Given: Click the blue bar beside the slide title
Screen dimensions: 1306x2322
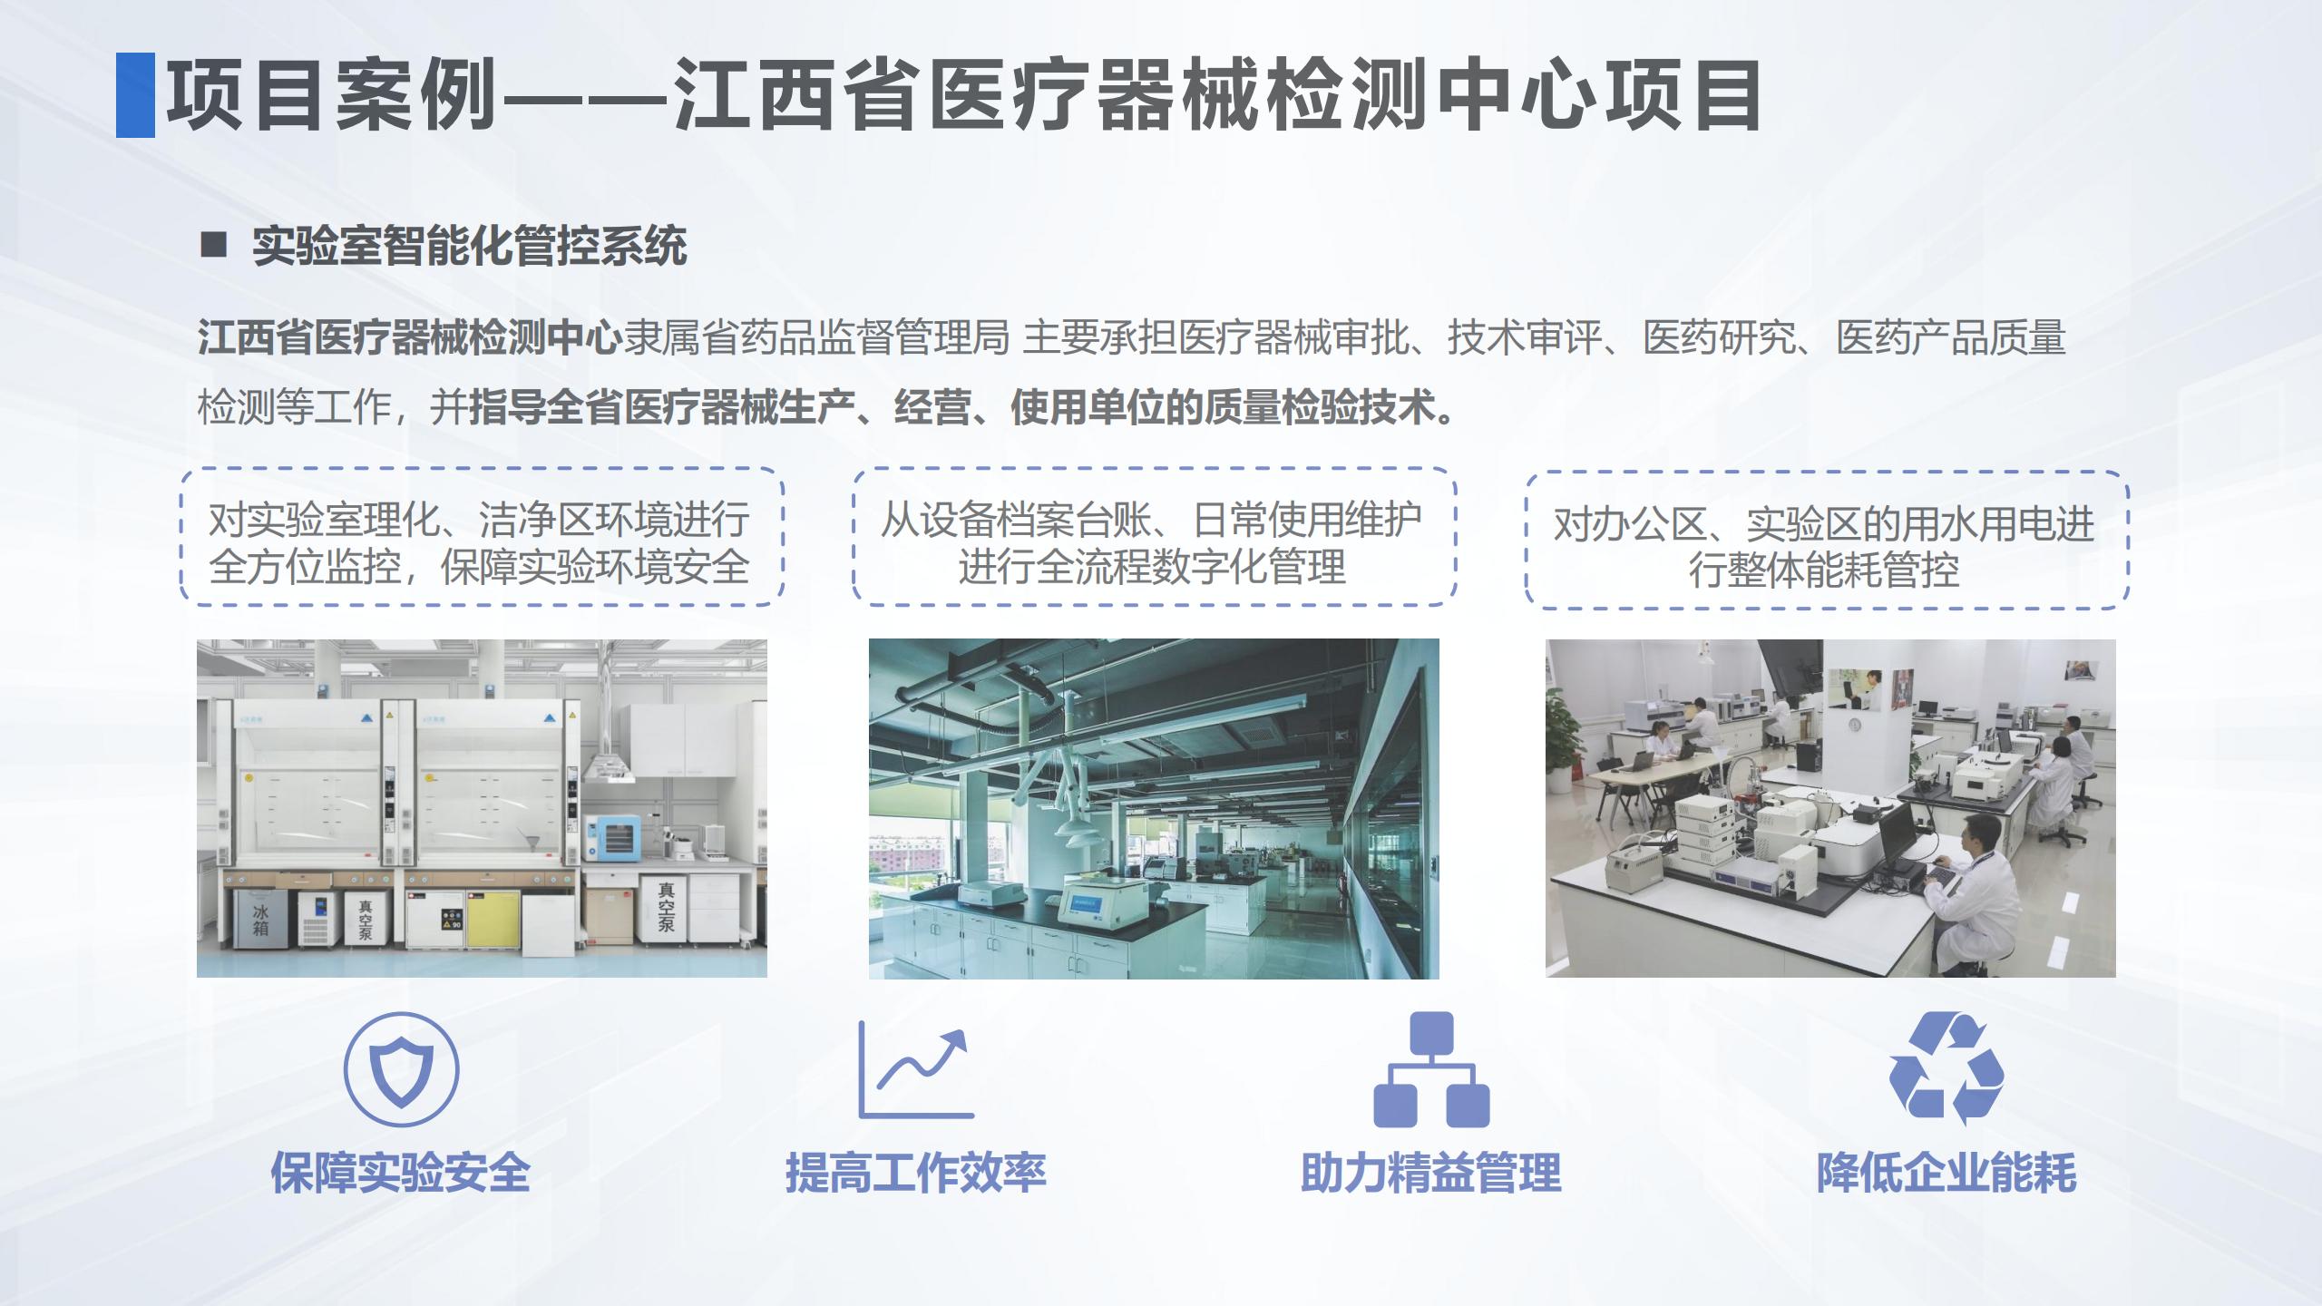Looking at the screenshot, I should tap(135, 95).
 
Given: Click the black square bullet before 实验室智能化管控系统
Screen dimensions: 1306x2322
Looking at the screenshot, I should tap(213, 245).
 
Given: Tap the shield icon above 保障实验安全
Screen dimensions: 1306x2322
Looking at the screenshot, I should tap(401, 1070).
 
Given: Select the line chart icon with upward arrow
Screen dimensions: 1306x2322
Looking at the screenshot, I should tap(914, 1070).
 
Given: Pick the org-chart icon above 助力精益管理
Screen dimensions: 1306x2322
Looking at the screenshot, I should tap(1431, 1070).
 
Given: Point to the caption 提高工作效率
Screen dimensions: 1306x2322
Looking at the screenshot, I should tap(916, 1173).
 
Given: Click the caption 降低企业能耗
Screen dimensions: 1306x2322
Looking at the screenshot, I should tap(1946, 1173).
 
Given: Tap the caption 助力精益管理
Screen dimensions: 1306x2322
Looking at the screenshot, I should tap(1431, 1173).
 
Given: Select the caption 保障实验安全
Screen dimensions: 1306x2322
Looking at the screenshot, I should tap(401, 1173).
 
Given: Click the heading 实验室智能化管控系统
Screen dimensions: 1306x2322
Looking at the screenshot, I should tap(470, 247).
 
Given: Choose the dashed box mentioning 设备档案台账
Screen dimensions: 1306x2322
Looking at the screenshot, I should tap(1154, 537).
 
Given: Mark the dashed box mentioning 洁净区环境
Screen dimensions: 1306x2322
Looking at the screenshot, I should tap(481, 537).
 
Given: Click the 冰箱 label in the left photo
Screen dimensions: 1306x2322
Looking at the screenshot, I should tap(260, 919).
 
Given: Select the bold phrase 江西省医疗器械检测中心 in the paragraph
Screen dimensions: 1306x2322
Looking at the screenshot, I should tap(410, 338).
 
